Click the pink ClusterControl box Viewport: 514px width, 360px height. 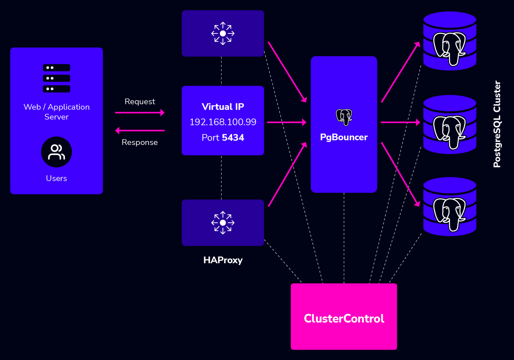pos(344,316)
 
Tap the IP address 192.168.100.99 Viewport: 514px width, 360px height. pos(223,122)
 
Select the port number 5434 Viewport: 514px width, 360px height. pos(233,138)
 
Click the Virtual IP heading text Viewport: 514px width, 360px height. pos(223,106)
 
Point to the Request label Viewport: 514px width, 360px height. pos(140,101)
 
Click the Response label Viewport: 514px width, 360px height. pos(140,142)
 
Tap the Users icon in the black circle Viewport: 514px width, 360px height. pos(57,152)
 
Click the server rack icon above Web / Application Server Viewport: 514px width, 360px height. pos(57,78)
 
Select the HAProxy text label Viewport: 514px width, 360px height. pos(223,260)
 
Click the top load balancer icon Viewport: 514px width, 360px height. pos(223,33)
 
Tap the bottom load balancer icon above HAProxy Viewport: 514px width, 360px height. pos(223,223)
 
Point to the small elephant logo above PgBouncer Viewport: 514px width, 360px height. pos(344,117)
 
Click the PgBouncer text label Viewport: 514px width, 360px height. pos(344,137)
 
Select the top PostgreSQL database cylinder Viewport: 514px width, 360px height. pos(449,41)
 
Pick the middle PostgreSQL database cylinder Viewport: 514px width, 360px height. pos(449,125)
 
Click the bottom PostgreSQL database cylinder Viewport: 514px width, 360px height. pos(449,207)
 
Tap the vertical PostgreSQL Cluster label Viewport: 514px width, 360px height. pos(497,124)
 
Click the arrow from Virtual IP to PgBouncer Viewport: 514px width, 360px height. pos(286,122)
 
